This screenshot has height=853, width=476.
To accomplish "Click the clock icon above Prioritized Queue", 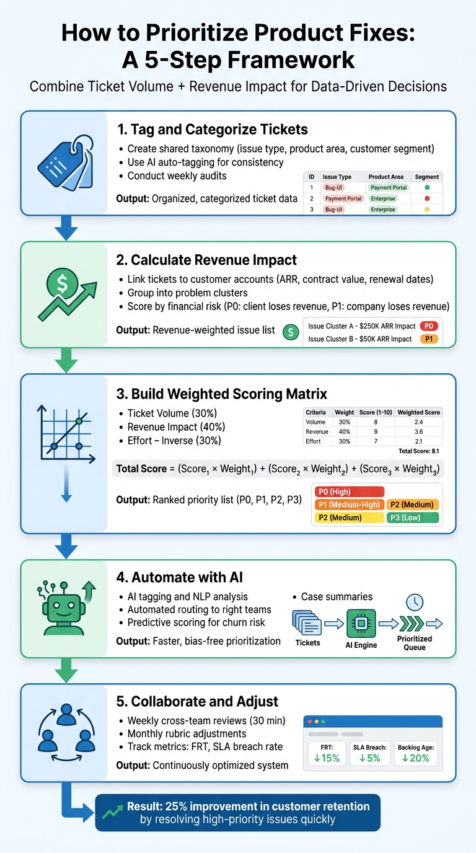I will pos(414,601).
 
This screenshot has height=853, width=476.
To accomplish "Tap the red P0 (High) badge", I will pos(350,492).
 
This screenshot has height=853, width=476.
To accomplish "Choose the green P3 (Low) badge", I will pos(412,518).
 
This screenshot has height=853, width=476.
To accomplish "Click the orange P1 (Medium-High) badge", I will pos(350,505).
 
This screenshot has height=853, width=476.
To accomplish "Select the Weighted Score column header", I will pos(419,412).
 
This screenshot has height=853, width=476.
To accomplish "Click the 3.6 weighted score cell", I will pos(419,431).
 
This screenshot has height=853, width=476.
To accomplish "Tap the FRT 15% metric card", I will pos(327,753).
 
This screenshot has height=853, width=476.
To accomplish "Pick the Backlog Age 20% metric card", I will pos(415,753).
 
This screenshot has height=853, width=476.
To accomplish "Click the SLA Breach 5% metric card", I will pos(370,753).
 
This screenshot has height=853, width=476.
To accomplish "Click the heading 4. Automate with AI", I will pos(180,577).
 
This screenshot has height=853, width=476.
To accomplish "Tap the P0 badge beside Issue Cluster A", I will pos(428,326).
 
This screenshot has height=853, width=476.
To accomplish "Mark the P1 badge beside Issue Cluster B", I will pos(428,339).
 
